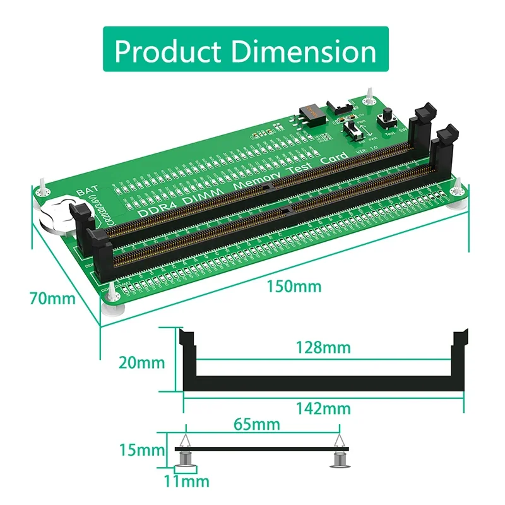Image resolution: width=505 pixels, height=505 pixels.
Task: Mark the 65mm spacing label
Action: click(257, 424)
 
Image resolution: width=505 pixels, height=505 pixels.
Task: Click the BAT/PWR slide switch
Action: click(355, 132)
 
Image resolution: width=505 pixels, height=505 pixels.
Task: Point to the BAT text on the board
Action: click(86, 190)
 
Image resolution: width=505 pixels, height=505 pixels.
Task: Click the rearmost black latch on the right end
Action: click(420, 123)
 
